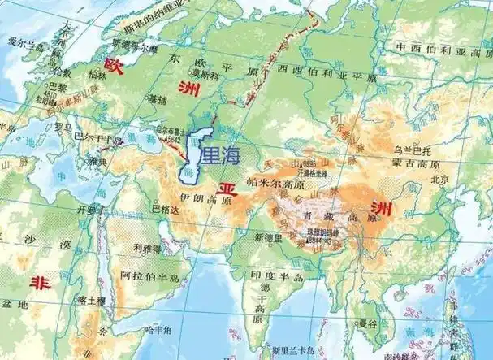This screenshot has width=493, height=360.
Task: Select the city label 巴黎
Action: click(x=58, y=85)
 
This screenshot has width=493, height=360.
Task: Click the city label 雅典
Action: click(x=100, y=162)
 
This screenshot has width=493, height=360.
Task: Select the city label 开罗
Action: click(x=86, y=208)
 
